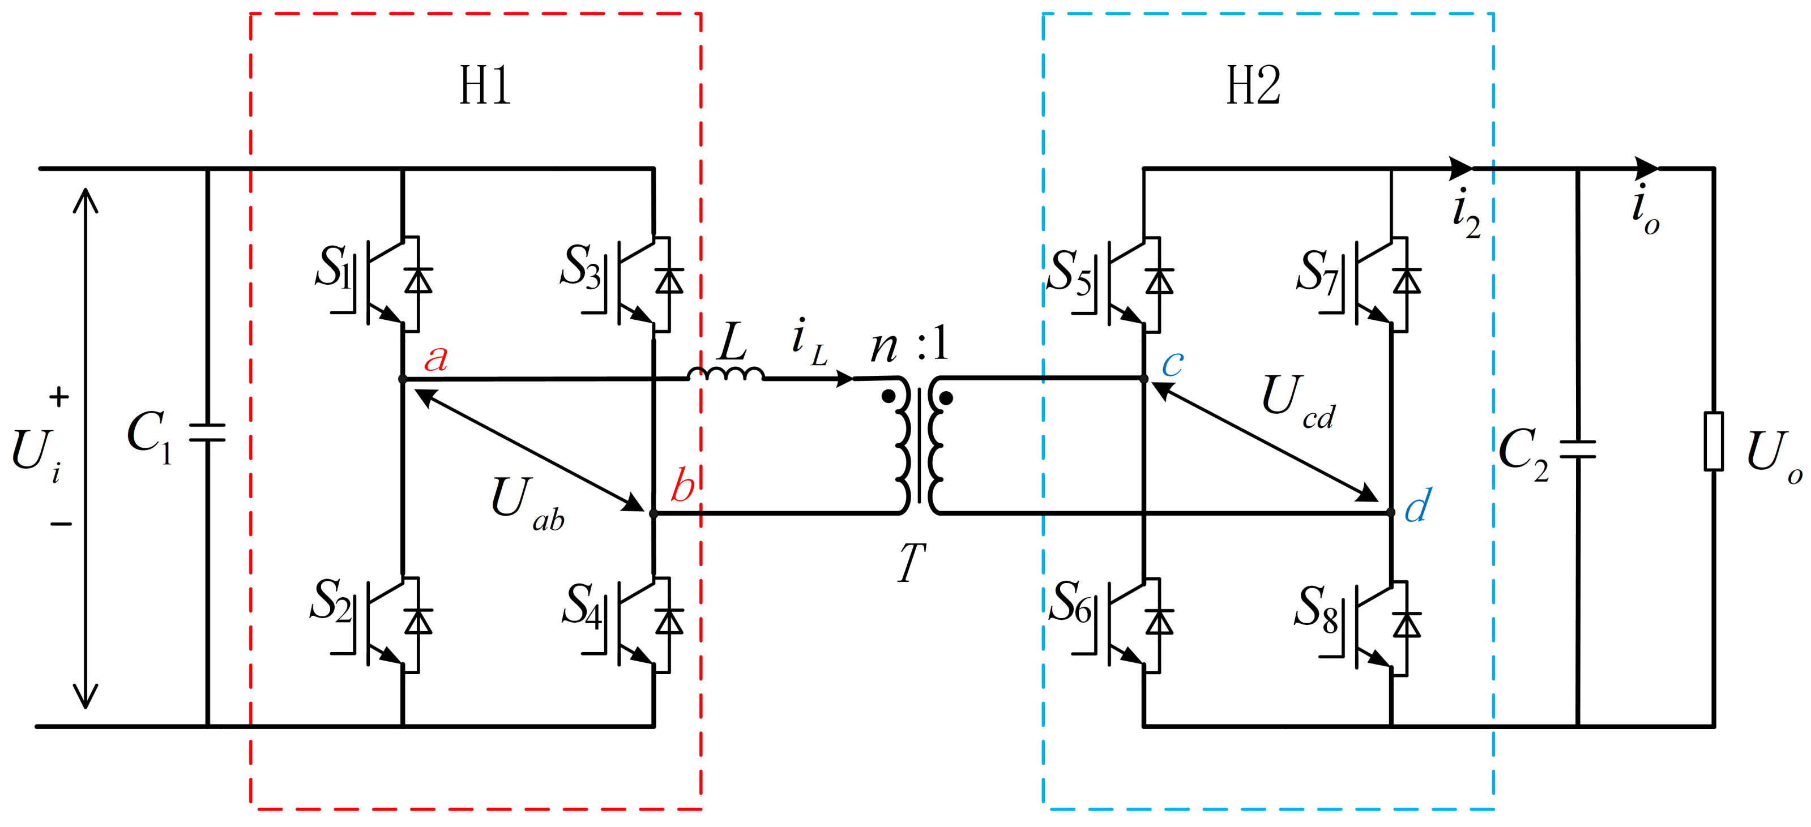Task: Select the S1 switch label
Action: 332,267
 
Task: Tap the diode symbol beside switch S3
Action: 669,281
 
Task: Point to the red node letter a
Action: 436,358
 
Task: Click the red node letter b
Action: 682,485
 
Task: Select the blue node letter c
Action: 1172,364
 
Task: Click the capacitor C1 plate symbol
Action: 207,432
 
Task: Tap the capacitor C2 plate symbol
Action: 1578,449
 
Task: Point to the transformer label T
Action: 912,562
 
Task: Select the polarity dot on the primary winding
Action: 889,396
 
